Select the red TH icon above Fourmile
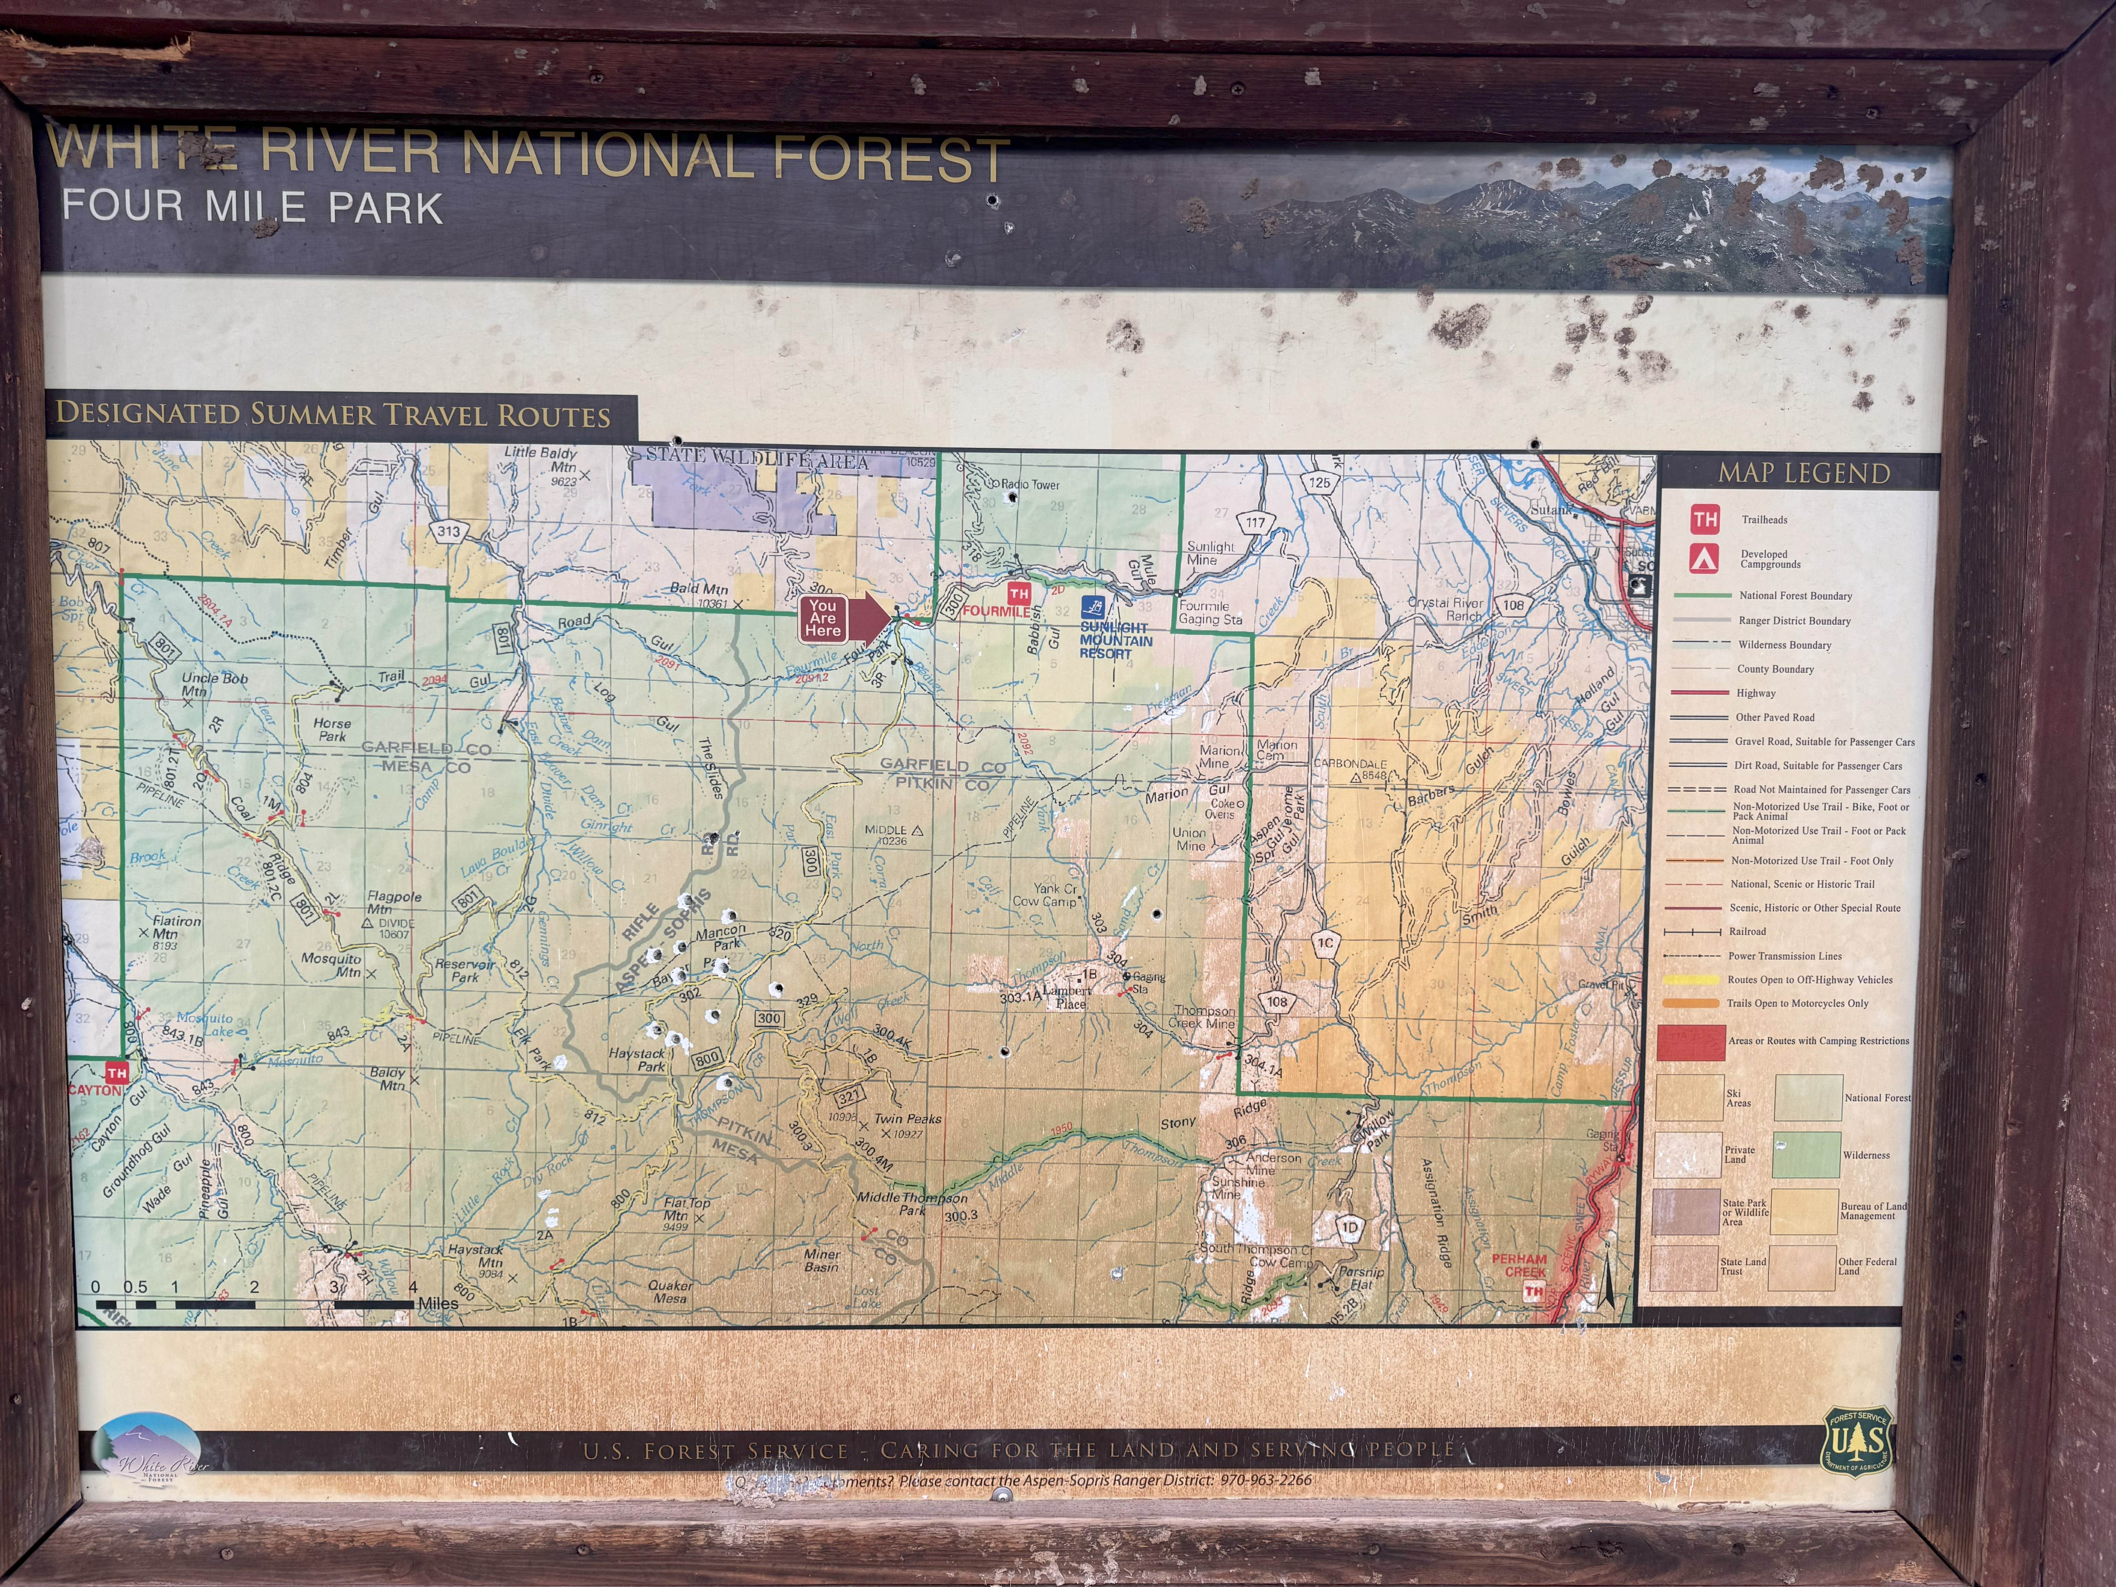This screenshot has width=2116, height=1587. pos(1019,594)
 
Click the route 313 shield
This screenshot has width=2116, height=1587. pos(448,531)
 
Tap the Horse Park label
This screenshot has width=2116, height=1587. pos(332,730)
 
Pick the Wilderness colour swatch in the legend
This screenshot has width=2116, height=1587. pos(1806,1155)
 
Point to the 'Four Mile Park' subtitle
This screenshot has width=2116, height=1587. pos(253,207)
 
